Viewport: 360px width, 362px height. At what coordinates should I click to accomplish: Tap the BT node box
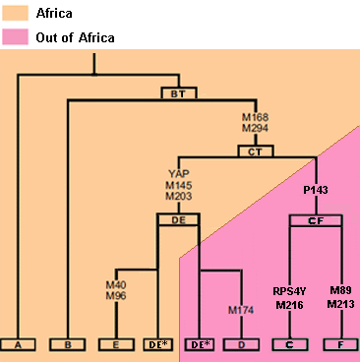pos(179,93)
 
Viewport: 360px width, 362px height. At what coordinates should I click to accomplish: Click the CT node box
pos(256,151)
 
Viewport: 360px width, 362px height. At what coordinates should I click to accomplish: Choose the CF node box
pos(315,221)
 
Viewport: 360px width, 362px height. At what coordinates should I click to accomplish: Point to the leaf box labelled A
pos(18,345)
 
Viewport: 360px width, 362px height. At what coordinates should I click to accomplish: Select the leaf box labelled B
pos(67,345)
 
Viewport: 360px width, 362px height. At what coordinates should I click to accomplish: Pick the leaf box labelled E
pos(117,345)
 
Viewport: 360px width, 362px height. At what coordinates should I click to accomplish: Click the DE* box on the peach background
pos(157,345)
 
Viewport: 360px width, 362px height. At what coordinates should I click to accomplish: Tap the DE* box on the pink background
pos(200,345)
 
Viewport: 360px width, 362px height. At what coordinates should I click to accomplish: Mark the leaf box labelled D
pos(241,345)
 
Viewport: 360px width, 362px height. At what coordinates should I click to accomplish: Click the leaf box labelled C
pos(290,345)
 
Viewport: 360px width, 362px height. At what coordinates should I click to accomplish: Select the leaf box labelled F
pos(340,345)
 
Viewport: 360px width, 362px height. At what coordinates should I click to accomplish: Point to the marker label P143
pos(315,188)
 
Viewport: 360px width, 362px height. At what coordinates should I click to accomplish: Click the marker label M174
pos(241,311)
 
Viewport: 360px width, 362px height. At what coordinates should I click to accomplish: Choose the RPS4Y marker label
pos(290,290)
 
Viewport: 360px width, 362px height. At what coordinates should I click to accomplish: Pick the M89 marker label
pos(340,290)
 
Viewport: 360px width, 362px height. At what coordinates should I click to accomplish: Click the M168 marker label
pos(256,117)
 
